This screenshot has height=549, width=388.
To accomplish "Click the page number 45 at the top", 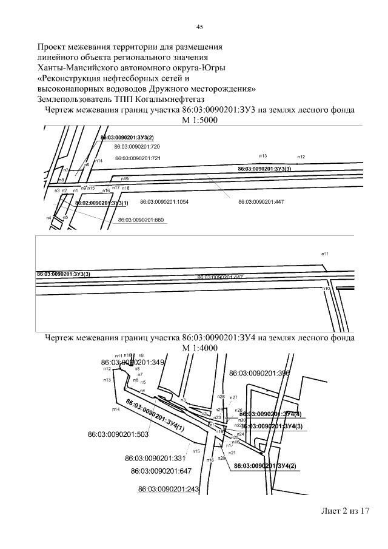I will coord(199,27).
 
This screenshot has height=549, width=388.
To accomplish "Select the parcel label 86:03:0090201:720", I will coord(137,147).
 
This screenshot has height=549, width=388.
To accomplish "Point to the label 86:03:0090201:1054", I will coord(164,201).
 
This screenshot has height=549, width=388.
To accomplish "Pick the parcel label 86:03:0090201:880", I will coord(141,220).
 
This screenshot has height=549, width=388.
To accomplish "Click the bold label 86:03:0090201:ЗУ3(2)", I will coord(127,138).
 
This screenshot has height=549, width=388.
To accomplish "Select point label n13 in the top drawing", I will coord(263,157).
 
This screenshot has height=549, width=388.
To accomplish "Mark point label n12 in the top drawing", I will coord(301,157).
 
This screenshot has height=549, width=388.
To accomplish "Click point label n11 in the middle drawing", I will coord(325,254).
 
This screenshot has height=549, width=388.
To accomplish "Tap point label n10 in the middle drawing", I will coord(326,289).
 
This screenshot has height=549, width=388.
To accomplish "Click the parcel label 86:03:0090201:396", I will coord(256,374).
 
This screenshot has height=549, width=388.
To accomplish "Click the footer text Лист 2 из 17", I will coord(345,511).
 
